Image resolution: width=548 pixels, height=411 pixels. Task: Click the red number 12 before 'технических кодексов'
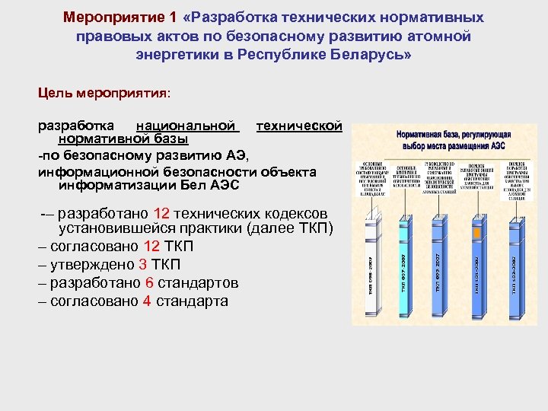pyautogui.click(x=161, y=213)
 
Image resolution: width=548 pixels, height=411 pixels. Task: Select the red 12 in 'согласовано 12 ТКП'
pyautogui.click(x=151, y=246)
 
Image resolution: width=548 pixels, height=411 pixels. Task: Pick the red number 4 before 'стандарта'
pyautogui.click(x=146, y=301)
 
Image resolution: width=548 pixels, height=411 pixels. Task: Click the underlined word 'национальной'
pyautogui.click(x=186, y=125)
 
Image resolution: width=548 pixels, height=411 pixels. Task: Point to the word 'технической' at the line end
pyautogui.click(x=298, y=125)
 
